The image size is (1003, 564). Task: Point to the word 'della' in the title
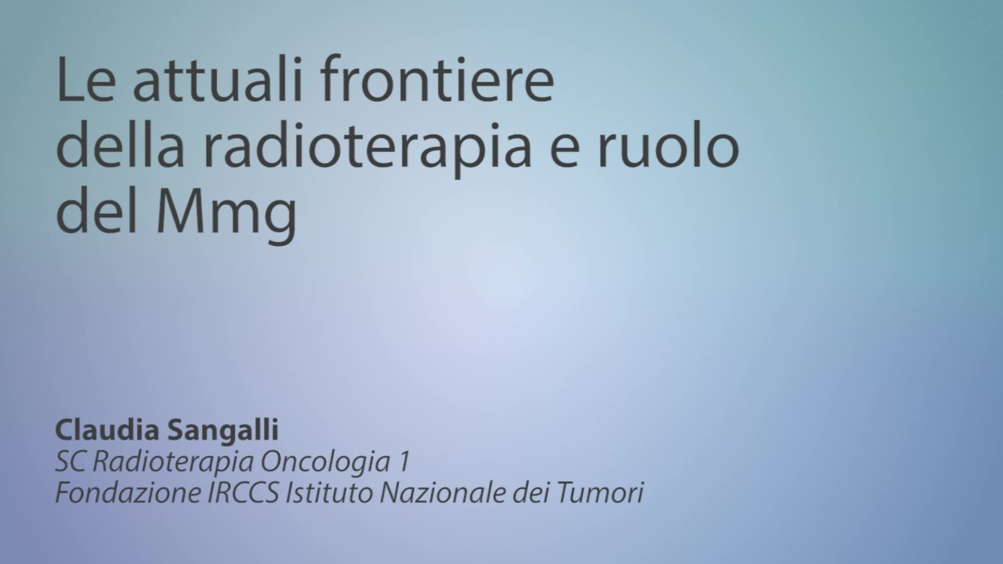click(x=120, y=143)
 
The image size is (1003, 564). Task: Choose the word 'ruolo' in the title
click(x=668, y=143)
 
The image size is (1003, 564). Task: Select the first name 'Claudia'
click(x=107, y=430)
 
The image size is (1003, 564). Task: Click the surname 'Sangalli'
click(x=223, y=432)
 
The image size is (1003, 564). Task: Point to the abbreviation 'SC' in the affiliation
click(x=71, y=461)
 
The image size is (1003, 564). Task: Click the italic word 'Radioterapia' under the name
click(x=174, y=463)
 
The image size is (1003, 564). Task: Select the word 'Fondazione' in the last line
click(x=129, y=493)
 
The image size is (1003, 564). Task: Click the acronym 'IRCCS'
click(x=244, y=493)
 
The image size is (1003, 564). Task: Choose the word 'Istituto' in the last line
click(x=331, y=493)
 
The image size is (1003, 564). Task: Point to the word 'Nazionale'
click(x=444, y=493)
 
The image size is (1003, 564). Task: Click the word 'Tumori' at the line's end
click(x=600, y=493)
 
